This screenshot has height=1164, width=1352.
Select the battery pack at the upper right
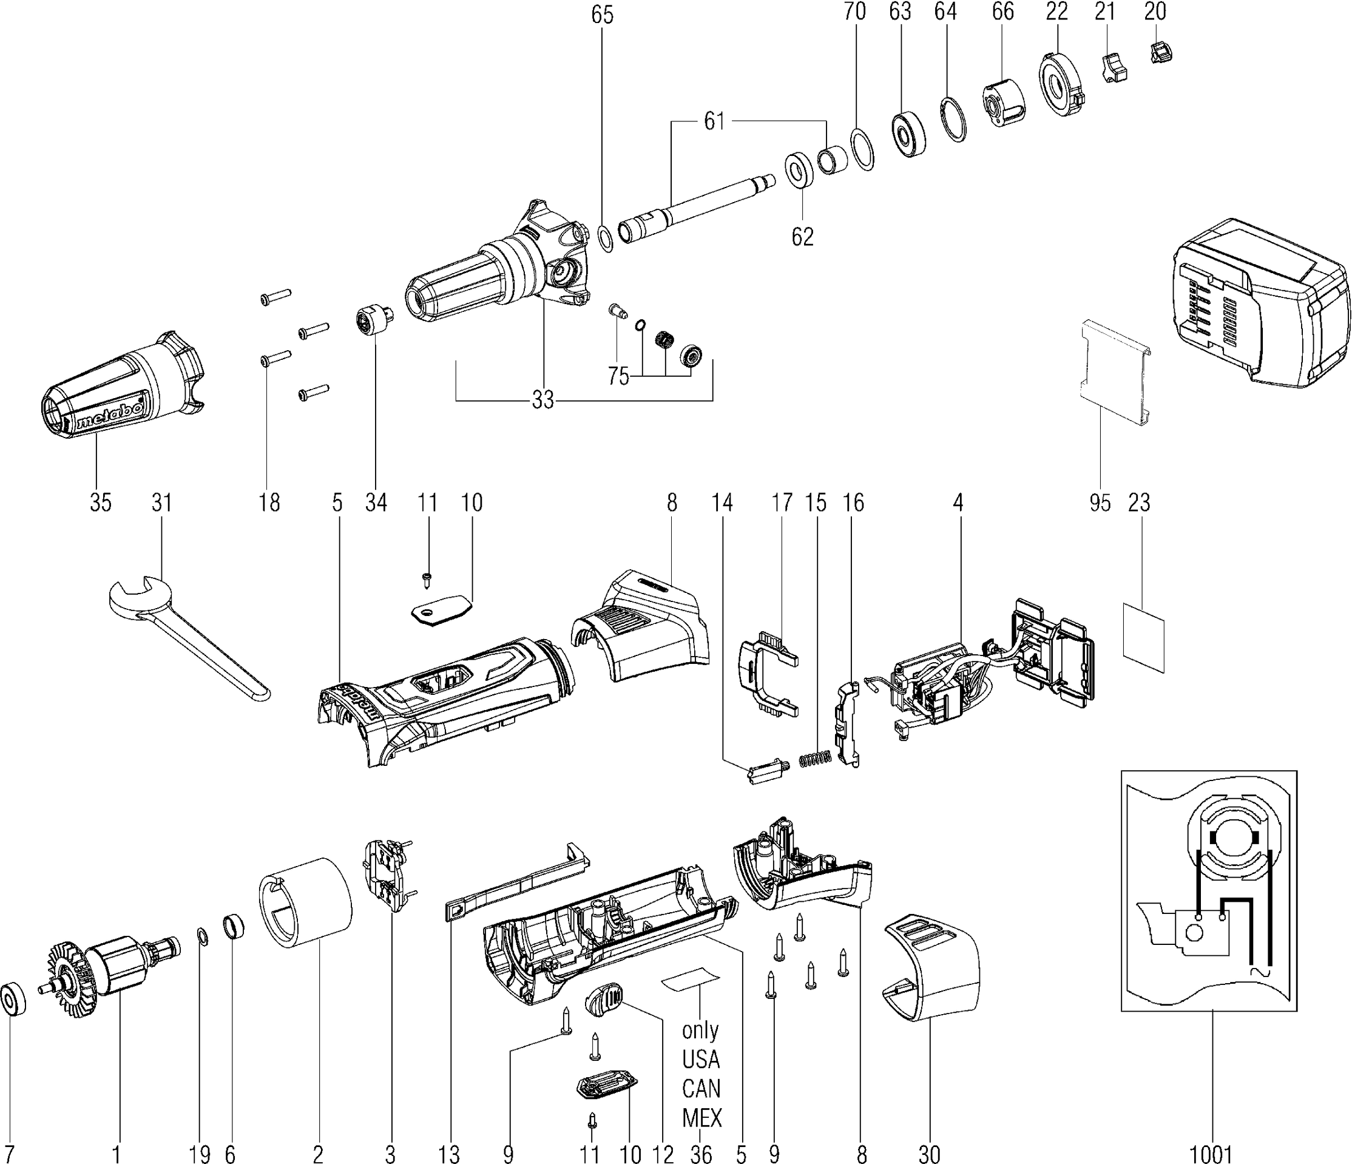coord(1259,313)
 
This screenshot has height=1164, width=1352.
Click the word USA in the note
coord(701,1059)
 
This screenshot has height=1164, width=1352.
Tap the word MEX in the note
coord(702,1118)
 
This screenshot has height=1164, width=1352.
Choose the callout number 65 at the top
coord(602,15)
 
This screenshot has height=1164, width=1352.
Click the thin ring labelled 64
coord(954,118)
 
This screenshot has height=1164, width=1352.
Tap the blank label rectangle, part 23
coord(1143,637)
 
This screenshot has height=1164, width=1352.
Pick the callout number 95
coord(1100,502)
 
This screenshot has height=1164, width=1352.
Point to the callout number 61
coord(714,121)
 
